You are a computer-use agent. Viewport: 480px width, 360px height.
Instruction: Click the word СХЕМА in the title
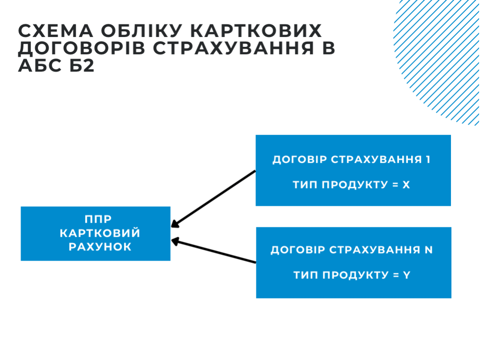pos(56,30)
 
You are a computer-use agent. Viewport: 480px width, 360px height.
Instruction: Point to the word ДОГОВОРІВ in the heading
pos(82,48)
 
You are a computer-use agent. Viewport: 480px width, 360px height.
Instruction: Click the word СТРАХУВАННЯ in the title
pos(233,48)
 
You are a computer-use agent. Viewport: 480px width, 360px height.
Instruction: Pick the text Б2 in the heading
pos(82,66)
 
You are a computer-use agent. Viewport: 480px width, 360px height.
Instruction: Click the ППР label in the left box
pos(98,219)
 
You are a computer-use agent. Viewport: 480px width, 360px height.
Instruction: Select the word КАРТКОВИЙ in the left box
pos(100,232)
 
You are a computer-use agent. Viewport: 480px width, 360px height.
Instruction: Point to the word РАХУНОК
pos(100,247)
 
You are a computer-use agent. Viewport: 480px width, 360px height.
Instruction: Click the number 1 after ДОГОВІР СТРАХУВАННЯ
pos(428,159)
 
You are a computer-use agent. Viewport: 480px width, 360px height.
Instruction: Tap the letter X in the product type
pos(406,185)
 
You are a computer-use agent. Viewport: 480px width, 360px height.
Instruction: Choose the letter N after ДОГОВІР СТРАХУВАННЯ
pos(428,250)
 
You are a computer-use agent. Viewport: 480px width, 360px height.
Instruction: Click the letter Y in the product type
pos(406,275)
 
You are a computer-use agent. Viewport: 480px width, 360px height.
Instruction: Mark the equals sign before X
pos(395,185)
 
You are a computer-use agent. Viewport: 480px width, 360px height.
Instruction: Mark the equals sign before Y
pos(396,275)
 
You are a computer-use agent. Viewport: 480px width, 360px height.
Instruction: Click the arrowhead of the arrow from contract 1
pos(174,225)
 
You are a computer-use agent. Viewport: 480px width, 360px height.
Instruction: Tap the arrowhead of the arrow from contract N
pos(175,241)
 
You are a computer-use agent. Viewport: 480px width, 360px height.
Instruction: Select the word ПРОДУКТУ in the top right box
pos(355,185)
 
